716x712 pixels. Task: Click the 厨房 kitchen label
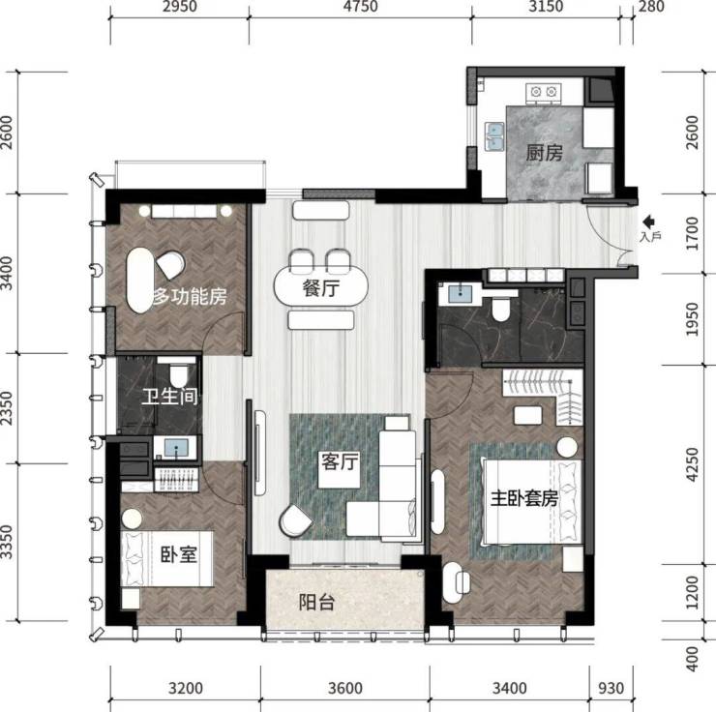point(544,153)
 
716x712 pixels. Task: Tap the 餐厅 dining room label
point(320,288)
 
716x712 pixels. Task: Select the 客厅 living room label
point(340,461)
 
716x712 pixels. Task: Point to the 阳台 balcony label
point(317,603)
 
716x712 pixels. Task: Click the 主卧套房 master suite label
point(524,498)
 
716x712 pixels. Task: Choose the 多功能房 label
point(190,297)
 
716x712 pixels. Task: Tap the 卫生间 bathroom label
point(170,397)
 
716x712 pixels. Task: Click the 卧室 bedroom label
point(179,554)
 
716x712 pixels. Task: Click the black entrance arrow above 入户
point(649,222)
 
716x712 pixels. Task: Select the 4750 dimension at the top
point(361,7)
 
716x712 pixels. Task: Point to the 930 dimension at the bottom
point(611,688)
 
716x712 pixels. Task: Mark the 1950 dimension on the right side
point(692,319)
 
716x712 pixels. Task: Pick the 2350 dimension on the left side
point(7,407)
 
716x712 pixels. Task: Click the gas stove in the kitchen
point(544,93)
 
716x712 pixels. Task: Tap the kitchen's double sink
point(494,136)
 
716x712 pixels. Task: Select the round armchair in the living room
point(295,521)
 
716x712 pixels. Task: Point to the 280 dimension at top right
point(651,7)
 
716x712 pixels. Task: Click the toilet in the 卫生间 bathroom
point(179,373)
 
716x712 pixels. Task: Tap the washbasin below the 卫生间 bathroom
point(177,448)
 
